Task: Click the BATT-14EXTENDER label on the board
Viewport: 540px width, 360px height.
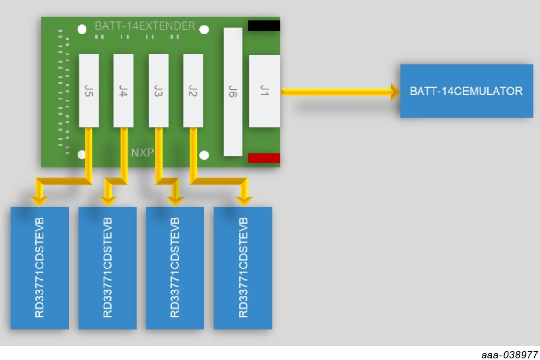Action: click(145, 26)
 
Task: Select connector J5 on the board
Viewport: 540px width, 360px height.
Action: click(89, 90)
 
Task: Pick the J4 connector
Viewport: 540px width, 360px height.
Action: click(124, 90)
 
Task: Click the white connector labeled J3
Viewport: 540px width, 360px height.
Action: click(158, 90)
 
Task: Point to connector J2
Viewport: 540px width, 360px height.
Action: click(193, 90)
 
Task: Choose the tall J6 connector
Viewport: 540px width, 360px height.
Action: click(233, 92)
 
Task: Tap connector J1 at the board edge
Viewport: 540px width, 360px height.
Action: click(264, 91)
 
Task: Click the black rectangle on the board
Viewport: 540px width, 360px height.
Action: click(264, 26)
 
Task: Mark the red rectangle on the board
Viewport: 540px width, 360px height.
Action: click(264, 158)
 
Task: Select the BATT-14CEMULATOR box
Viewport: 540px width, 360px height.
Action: click(466, 91)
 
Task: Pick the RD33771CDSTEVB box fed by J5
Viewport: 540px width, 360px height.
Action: click(39, 268)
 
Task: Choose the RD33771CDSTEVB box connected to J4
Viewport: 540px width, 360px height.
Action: click(107, 268)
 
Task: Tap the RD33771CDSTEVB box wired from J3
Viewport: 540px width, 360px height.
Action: click(175, 268)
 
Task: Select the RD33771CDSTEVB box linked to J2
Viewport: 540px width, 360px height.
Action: click(243, 268)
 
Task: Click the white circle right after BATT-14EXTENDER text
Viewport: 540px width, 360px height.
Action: click(204, 29)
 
